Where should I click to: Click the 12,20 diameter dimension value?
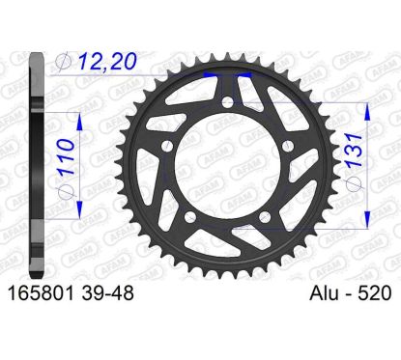coord(107,61)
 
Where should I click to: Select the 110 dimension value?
coord(65,156)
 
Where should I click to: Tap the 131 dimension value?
coord(356,150)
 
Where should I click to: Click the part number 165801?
coord(41,293)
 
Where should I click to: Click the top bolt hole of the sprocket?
coord(228,103)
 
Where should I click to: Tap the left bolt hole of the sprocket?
coord(167,147)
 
